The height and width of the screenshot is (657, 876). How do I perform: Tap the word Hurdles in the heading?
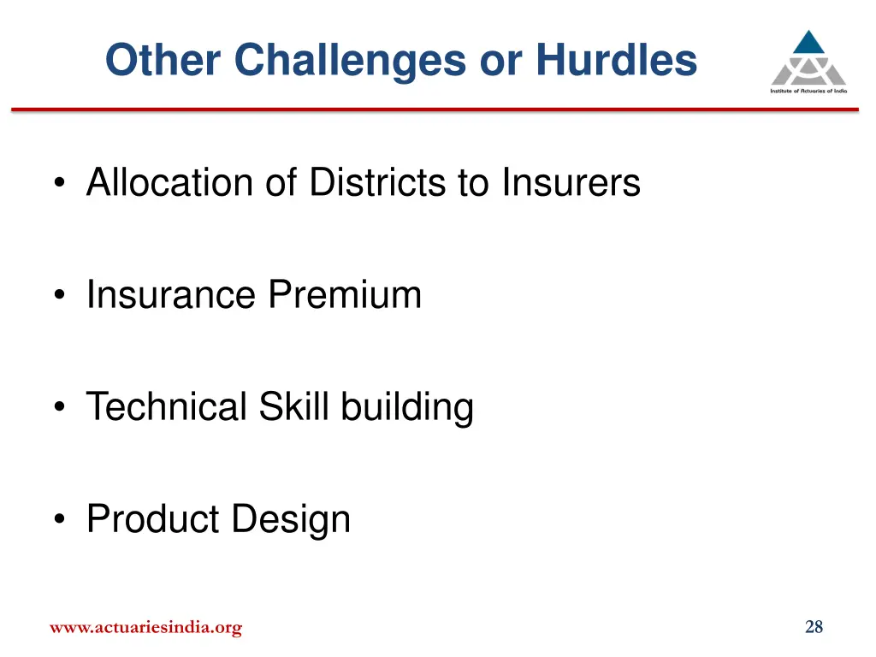pos(616,61)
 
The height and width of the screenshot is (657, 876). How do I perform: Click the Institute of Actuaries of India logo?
pos(808,62)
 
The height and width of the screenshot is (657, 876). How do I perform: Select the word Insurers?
pos(571,182)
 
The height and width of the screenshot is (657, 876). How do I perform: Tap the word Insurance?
pos(171,295)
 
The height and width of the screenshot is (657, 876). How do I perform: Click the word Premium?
pos(345,295)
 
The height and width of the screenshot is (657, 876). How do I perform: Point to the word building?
pos(407,408)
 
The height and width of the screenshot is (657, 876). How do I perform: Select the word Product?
pos(146,519)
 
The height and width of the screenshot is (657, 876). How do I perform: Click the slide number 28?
pos(814,628)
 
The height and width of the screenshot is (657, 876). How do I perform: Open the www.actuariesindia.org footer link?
pos(145,628)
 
